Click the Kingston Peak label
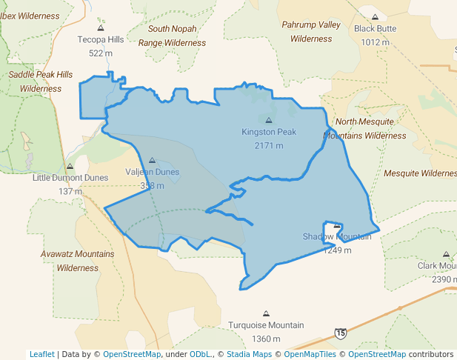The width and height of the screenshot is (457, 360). (x=268, y=133)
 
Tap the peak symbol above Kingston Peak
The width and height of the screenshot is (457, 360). (x=268, y=120)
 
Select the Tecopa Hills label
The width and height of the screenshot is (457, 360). (x=106, y=40)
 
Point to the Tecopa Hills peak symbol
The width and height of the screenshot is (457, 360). (x=101, y=28)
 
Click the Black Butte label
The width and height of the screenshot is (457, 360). (x=375, y=29)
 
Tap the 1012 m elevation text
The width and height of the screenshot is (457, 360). (x=375, y=42)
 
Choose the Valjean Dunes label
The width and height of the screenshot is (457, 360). (x=152, y=173)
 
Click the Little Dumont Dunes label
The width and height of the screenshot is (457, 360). (x=70, y=178)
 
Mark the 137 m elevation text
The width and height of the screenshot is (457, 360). (x=70, y=191)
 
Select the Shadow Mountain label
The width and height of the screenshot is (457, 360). (x=337, y=236)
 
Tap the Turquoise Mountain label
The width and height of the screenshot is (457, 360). (x=266, y=325)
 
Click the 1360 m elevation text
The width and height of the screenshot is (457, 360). (x=266, y=339)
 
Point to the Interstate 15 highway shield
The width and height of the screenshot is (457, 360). (x=340, y=335)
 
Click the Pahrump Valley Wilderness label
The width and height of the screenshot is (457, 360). (x=311, y=31)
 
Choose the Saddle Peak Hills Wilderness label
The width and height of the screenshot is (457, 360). (x=41, y=81)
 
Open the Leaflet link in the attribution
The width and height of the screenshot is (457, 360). (x=42, y=354)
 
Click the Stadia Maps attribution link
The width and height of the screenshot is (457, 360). (x=247, y=354)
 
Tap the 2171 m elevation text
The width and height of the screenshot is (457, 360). (x=268, y=146)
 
